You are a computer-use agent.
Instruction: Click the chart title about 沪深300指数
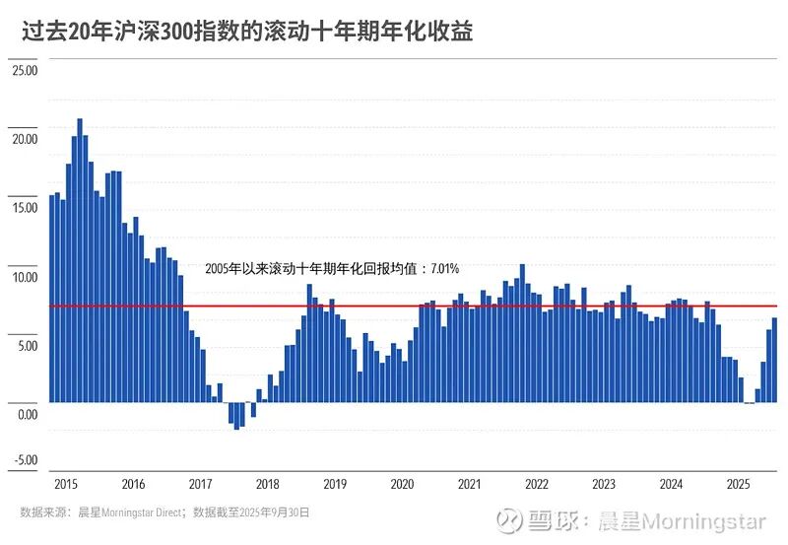point(247,33)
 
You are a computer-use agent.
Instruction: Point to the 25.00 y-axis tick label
point(25,70)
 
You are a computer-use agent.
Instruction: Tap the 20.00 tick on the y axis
point(25,139)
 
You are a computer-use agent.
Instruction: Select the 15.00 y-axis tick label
point(25,208)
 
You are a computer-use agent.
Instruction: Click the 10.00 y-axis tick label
point(25,277)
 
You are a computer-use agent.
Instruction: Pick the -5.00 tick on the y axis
point(25,460)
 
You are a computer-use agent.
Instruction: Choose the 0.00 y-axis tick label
point(27,414)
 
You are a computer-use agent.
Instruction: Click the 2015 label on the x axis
point(66,484)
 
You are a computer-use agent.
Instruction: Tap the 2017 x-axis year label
point(200,484)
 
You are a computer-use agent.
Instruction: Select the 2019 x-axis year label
point(335,484)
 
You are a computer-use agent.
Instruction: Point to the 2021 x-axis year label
point(469,484)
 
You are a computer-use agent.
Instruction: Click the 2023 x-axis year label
point(604,484)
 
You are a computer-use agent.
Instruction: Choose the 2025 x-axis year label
point(738,484)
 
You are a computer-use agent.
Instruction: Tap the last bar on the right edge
point(774,360)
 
